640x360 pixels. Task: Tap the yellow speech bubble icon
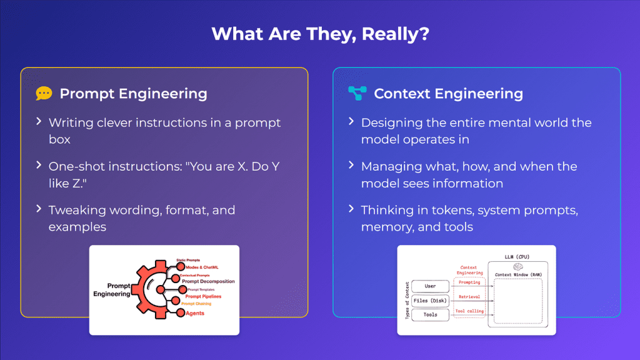[x=44, y=94]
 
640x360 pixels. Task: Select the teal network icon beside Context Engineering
[x=356, y=94]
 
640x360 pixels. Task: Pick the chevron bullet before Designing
[x=351, y=122]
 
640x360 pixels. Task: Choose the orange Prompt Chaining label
[x=196, y=304]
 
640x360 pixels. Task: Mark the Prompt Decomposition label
[x=208, y=281]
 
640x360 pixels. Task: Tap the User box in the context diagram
[x=430, y=286]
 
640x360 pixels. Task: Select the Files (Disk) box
[x=430, y=301]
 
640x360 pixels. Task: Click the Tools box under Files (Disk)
[x=430, y=315]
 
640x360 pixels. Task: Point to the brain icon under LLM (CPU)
[x=517, y=266]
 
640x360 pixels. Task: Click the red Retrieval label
[x=469, y=297]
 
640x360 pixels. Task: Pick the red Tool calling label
[x=469, y=311]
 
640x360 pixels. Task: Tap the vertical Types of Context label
[x=406, y=300]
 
